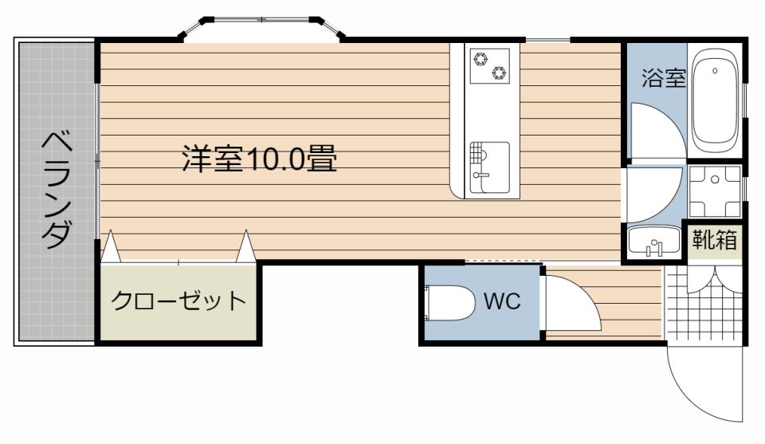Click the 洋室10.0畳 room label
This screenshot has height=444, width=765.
[260, 158]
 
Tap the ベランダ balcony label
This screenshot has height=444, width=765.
[57, 189]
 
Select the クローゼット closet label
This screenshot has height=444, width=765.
[178, 301]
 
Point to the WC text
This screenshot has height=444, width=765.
[502, 301]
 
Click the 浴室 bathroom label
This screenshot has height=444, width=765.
[664, 77]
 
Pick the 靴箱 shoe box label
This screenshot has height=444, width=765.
[714, 240]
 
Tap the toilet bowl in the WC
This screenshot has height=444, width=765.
[449, 302]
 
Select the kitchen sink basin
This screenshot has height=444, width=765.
[490, 167]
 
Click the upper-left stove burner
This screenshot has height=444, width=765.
[481, 59]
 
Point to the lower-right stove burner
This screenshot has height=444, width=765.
[499, 73]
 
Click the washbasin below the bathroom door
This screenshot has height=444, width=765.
[653, 241]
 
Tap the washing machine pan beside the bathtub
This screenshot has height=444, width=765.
[715, 191]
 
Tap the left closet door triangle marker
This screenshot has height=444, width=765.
[111, 246]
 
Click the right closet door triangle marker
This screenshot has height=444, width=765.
[246, 246]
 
